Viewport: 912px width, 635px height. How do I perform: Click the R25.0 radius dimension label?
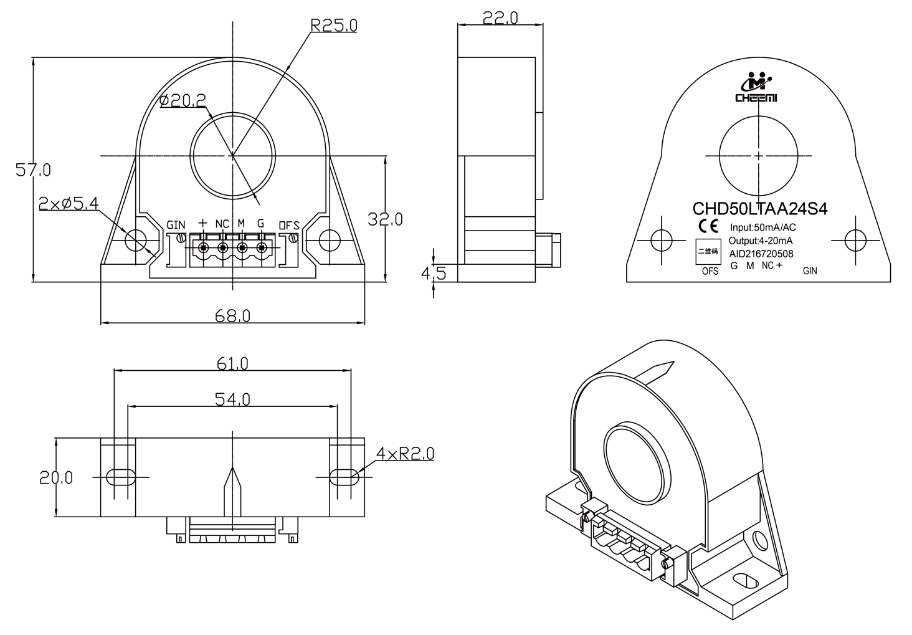334,26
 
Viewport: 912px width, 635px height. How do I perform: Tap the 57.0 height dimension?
33,170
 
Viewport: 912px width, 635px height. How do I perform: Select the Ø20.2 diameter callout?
183,100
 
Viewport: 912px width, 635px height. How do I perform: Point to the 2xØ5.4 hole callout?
69,204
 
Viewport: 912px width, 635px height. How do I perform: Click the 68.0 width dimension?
232,316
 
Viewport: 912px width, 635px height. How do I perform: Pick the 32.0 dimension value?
385,219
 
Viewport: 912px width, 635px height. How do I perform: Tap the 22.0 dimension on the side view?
500,18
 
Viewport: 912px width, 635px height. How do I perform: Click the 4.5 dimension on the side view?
434,274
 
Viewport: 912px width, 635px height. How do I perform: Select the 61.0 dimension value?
232,363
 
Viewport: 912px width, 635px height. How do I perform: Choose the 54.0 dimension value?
232,399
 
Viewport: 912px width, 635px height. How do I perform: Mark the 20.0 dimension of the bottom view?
56,477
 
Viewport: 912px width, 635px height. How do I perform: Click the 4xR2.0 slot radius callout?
405,453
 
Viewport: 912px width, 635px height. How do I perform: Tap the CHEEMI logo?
756,87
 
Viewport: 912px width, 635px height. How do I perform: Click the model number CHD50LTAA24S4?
760,209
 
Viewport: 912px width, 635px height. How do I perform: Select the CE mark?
708,226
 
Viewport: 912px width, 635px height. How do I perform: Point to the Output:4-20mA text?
761,241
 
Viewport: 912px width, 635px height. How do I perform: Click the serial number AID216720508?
761,254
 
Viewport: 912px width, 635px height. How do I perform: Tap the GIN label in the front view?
176,225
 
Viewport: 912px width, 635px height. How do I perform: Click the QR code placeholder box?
708,251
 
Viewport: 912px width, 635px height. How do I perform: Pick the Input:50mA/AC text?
762,227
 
